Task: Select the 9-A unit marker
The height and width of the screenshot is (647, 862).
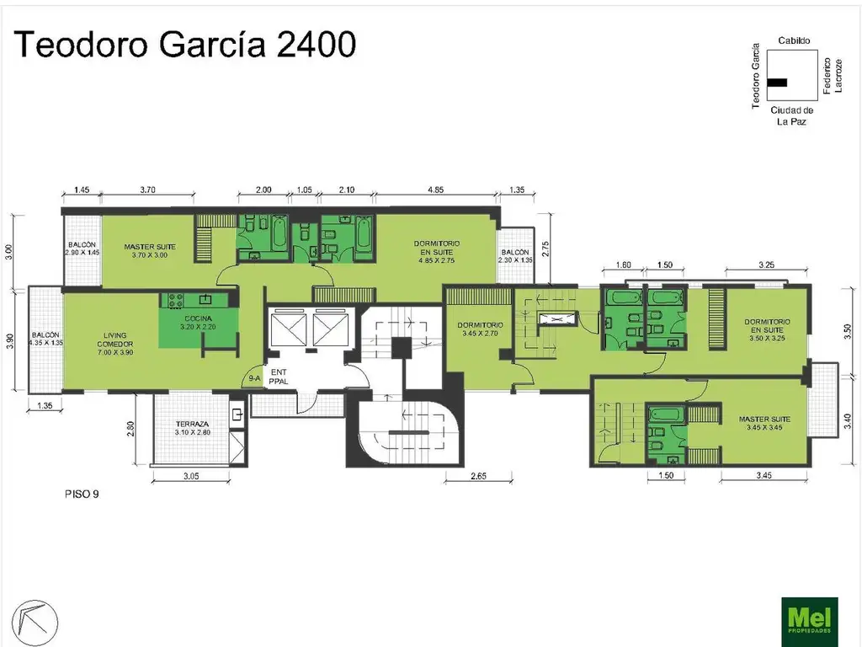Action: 254,380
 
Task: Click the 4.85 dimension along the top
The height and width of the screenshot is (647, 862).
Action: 435,190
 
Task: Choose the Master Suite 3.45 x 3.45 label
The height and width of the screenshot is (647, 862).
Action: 764,423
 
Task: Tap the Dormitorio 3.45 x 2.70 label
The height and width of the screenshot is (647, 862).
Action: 480,329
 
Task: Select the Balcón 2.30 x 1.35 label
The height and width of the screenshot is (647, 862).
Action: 515,256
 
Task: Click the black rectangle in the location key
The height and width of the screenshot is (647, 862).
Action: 777,83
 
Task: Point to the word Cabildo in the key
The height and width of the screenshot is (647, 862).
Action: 794,40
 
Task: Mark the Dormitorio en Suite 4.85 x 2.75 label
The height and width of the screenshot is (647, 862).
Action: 435,251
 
